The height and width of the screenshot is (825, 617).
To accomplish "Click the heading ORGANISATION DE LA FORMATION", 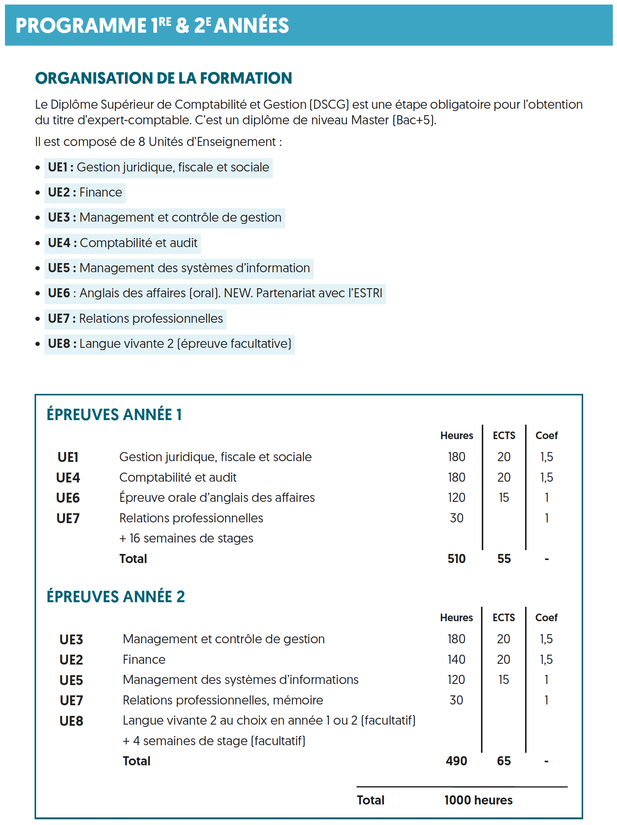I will click(163, 78).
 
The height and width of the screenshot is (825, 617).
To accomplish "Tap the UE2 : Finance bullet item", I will click(85, 193).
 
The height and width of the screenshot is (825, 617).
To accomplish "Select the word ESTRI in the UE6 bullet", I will click(368, 294).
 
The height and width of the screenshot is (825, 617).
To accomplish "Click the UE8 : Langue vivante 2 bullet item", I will click(169, 344).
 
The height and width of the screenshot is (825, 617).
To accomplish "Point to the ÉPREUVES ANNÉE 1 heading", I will click(114, 415).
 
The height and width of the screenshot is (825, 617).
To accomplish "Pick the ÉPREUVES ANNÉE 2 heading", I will click(115, 597).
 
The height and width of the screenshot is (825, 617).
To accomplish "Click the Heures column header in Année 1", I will click(456, 436).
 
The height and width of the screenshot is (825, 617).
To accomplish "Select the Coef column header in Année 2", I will click(546, 618).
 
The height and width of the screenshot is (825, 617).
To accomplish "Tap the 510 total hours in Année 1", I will click(456, 559).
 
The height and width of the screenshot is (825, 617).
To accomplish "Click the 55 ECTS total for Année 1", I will click(504, 559).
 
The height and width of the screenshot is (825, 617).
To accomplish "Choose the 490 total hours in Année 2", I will click(456, 761).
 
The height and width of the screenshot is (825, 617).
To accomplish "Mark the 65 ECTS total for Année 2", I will click(504, 761).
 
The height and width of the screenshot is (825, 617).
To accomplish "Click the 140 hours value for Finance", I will click(456, 660).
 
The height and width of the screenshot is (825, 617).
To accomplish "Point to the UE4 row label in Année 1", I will click(68, 478).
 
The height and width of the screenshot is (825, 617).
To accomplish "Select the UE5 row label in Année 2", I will click(71, 681).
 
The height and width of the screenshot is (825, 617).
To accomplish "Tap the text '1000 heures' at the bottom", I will click(478, 800).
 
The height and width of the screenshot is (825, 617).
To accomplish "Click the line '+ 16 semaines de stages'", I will click(186, 539).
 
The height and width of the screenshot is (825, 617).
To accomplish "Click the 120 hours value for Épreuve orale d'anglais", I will click(456, 498).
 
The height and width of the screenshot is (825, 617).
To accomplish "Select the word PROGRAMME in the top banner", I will click(81, 26).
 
